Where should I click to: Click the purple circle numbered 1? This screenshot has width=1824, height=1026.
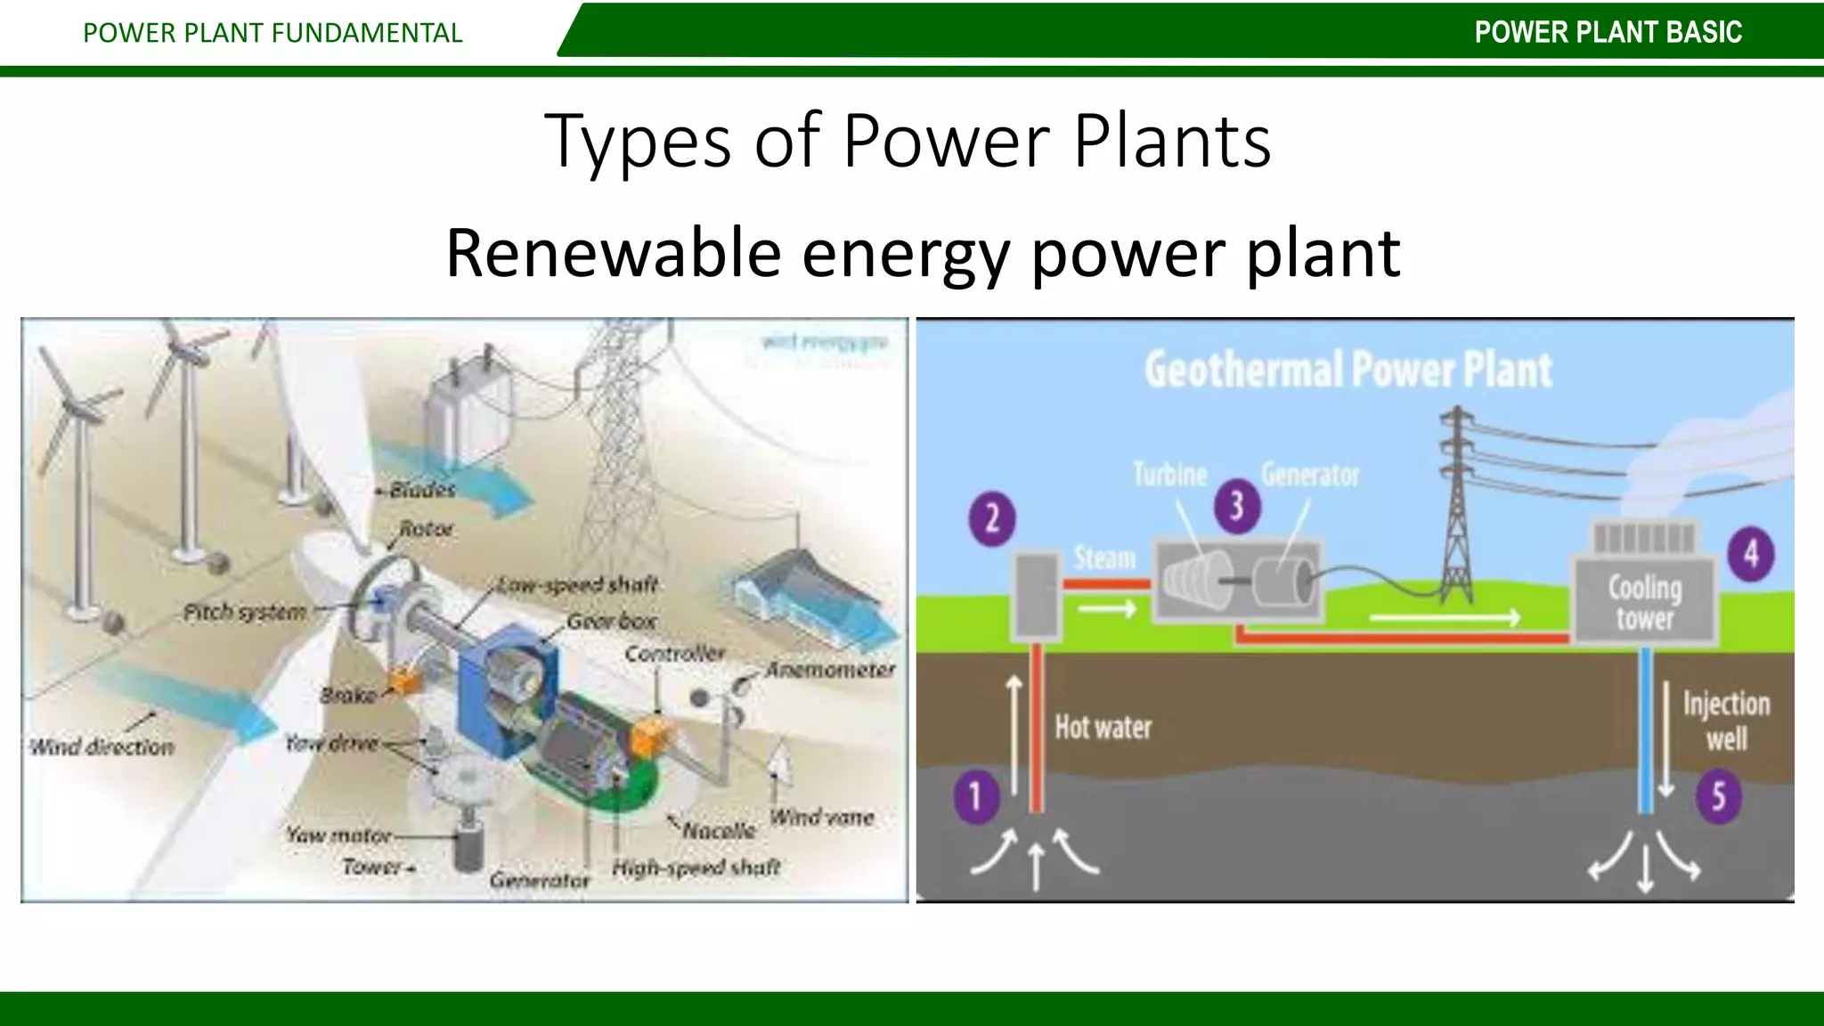975,795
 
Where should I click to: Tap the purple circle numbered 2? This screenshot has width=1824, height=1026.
992,519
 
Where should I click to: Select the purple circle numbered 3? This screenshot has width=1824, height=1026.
1236,506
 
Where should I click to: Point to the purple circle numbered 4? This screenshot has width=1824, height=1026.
1751,554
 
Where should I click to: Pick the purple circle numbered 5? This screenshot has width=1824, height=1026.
1718,795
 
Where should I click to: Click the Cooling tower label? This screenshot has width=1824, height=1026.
1645,603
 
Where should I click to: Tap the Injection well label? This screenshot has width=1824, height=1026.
1726,721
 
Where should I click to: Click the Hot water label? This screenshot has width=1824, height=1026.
1103,728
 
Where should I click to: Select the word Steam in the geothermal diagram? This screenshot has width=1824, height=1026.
1104,558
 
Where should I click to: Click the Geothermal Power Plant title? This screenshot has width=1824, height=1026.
1348,370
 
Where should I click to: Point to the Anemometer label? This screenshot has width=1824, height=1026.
830,670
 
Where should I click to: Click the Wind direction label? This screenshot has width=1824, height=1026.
102,747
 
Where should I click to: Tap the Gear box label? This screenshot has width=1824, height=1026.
612,621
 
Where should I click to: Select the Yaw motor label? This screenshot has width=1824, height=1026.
338,835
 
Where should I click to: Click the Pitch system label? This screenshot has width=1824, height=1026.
244,613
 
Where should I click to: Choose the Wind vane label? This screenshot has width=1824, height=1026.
821,817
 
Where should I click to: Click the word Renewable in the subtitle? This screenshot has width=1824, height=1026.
613,253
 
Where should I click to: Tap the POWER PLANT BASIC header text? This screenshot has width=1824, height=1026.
1608,32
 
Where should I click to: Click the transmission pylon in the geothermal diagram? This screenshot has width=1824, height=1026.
1457,508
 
